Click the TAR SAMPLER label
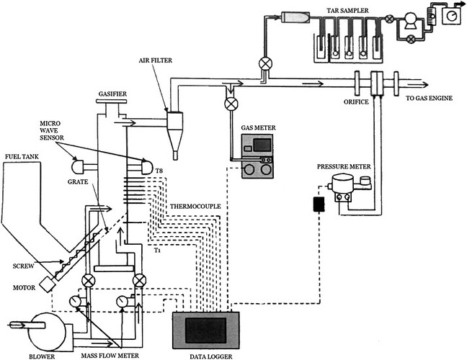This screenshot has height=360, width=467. tap(347, 11)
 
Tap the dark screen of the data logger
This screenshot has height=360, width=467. tap(205, 330)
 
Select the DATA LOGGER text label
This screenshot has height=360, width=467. tap(211, 356)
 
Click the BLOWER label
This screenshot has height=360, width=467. tap(42, 356)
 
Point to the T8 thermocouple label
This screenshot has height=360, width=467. tap(159, 171)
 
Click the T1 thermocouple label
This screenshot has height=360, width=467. tap(157, 251)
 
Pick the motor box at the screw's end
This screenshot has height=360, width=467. tap(48, 284)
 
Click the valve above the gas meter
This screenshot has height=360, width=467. tap(231, 104)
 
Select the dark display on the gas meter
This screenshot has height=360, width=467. tap(262, 145)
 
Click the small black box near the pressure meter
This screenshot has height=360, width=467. tap(319, 204)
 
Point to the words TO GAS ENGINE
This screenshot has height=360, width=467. tap(430, 98)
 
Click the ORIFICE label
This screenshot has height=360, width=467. tap(356, 102)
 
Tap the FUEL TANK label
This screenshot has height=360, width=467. tap(22, 156)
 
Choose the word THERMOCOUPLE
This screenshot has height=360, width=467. tap(195, 206)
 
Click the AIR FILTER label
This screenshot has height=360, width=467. tap(156, 60)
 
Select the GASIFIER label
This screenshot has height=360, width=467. tap(112, 94)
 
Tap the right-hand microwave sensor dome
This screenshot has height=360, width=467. tap(146, 166)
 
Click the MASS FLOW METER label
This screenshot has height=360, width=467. tap(110, 356)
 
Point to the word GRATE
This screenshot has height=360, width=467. tap(78, 181)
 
